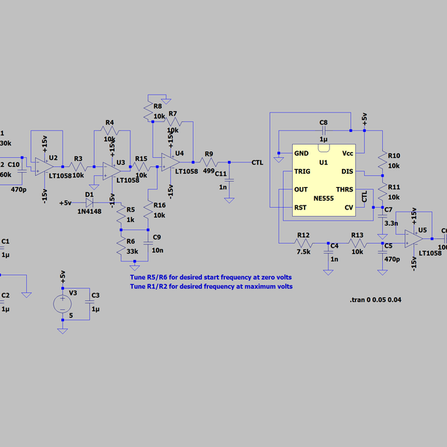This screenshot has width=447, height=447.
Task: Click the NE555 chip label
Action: pos(323,199)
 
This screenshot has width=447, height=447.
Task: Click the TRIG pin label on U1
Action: pos(302,171)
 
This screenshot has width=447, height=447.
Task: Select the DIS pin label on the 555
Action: pos(346,171)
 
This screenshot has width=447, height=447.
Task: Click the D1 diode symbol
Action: pos(91,202)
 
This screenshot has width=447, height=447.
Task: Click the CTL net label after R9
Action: pos(257,162)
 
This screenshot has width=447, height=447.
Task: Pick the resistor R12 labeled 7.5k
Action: pos(303,243)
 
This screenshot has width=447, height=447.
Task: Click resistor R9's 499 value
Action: pos(209,170)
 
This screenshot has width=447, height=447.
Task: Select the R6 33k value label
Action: pos(132,252)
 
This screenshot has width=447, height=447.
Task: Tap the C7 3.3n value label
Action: pos(390,223)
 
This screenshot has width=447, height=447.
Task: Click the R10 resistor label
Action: pos(394,155)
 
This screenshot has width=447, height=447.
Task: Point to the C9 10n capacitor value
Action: pos(157,250)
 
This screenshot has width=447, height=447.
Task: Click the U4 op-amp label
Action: pos(179,153)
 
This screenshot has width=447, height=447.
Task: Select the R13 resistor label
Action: pos(357,235)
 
